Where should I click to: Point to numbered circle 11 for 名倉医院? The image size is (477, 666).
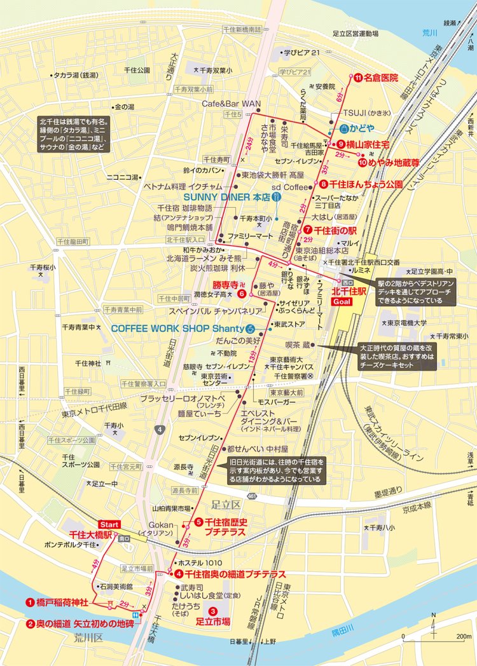[357, 78]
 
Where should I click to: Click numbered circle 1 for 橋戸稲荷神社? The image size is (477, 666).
[29, 601]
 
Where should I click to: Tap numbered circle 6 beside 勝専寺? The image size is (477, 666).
[242, 295]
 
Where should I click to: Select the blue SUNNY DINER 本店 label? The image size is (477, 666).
[226, 197]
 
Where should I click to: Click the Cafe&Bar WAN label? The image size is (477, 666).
[232, 103]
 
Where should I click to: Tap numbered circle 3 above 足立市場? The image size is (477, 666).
[214, 612]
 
